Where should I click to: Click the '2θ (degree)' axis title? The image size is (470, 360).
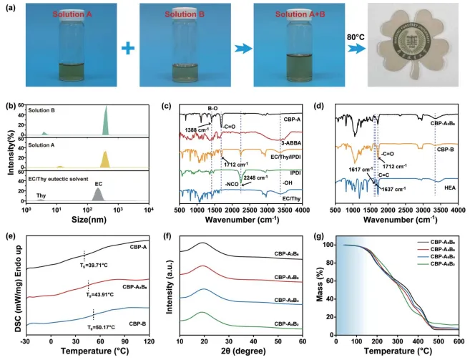pyautogui.click(x=240, y=352)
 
